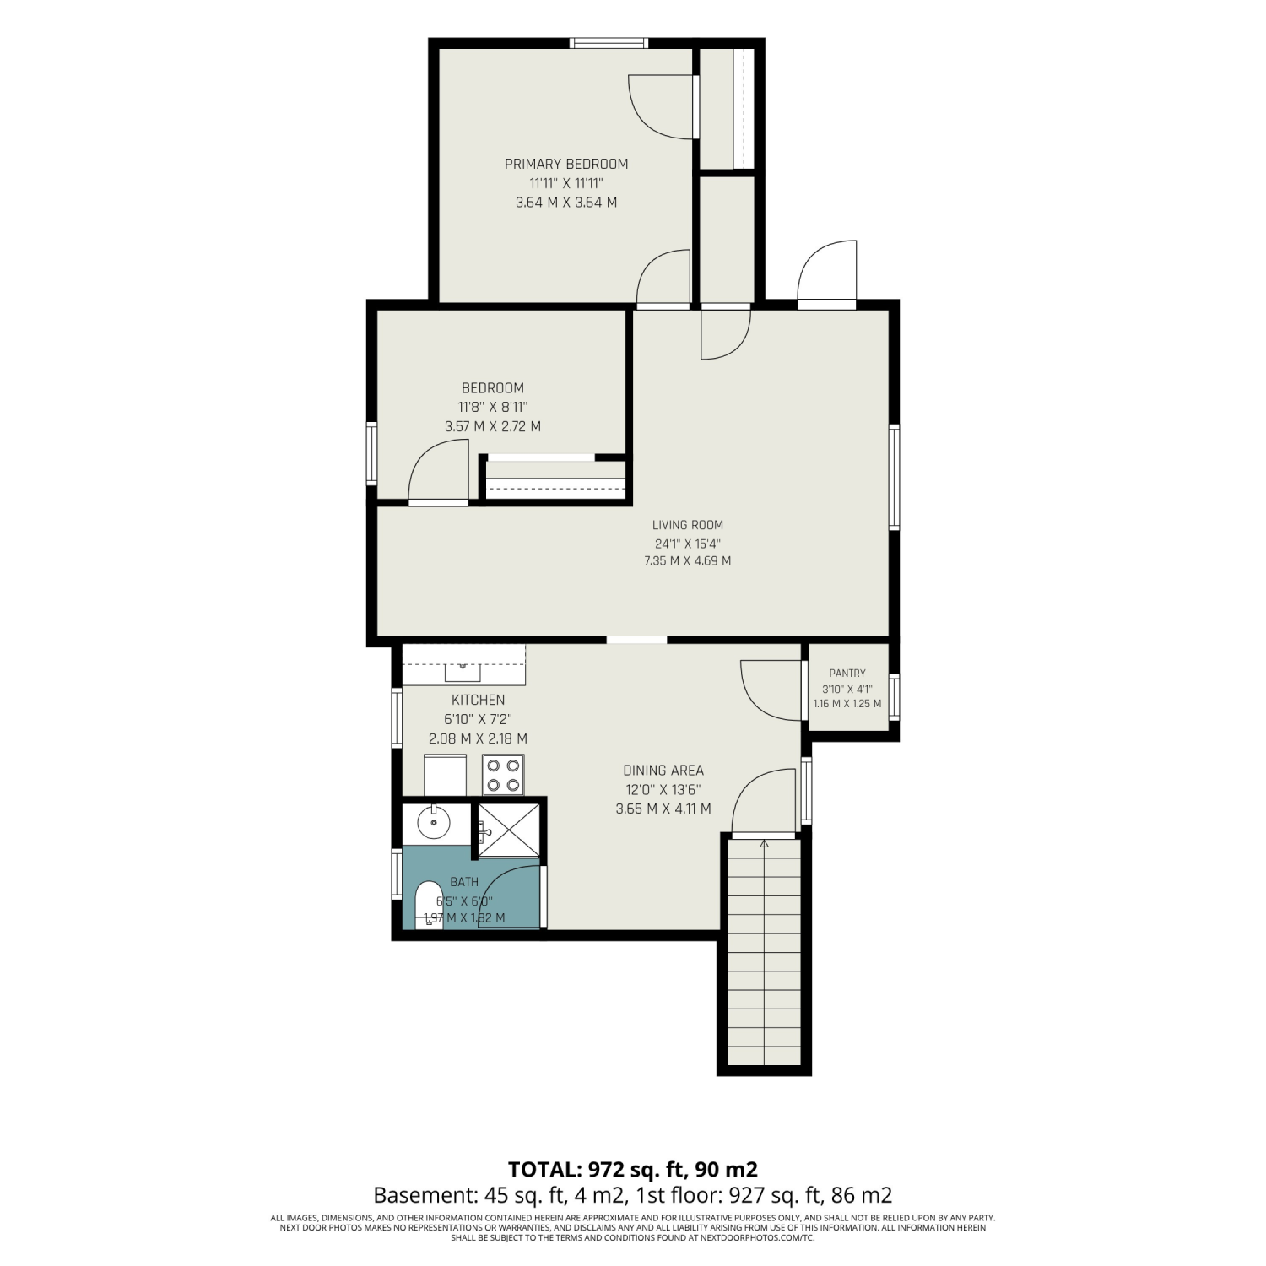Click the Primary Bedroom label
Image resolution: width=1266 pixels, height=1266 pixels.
tap(566, 164)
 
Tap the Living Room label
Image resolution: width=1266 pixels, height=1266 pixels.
tap(688, 525)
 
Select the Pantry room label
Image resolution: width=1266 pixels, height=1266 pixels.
tap(847, 674)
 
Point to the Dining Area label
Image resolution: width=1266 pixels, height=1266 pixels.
tap(663, 770)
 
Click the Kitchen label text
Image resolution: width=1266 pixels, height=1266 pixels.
tap(479, 700)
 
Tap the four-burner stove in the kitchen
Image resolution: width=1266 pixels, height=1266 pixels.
tap(504, 775)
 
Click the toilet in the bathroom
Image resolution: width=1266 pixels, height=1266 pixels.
tap(430, 905)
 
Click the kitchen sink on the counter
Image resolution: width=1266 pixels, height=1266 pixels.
tap(463, 671)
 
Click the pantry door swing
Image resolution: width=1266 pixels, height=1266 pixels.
tap(771, 690)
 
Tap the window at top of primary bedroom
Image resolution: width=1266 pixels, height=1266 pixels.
tap(609, 43)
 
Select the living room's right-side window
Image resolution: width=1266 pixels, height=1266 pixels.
tap(894, 478)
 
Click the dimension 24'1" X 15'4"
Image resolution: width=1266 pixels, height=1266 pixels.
tap(688, 544)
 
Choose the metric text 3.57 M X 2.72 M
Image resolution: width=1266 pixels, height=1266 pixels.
tap(493, 427)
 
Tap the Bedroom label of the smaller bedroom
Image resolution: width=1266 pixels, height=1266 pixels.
tap(493, 388)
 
